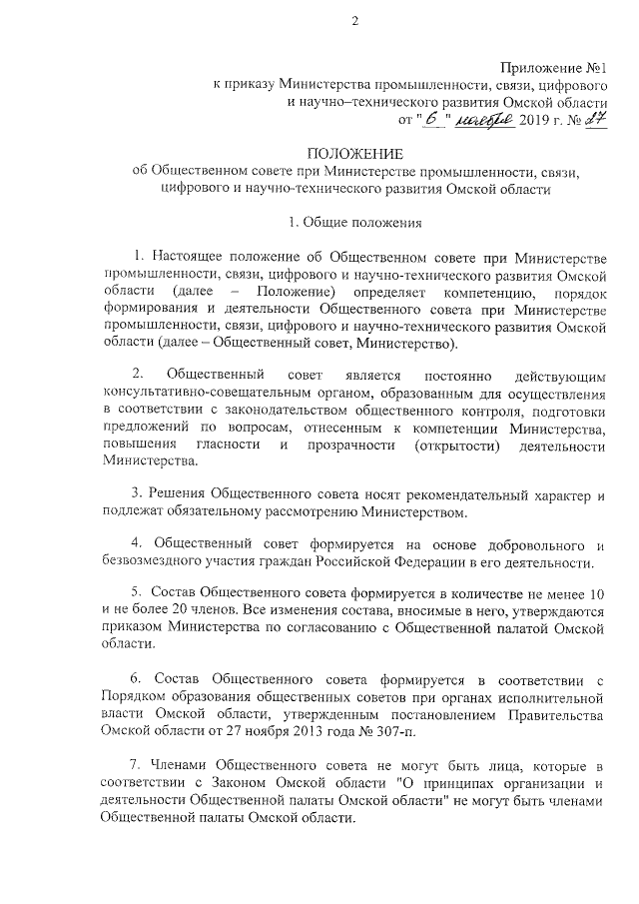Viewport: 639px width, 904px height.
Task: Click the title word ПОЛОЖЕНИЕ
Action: [354, 154]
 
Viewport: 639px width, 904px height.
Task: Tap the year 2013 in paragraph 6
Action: [305, 731]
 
